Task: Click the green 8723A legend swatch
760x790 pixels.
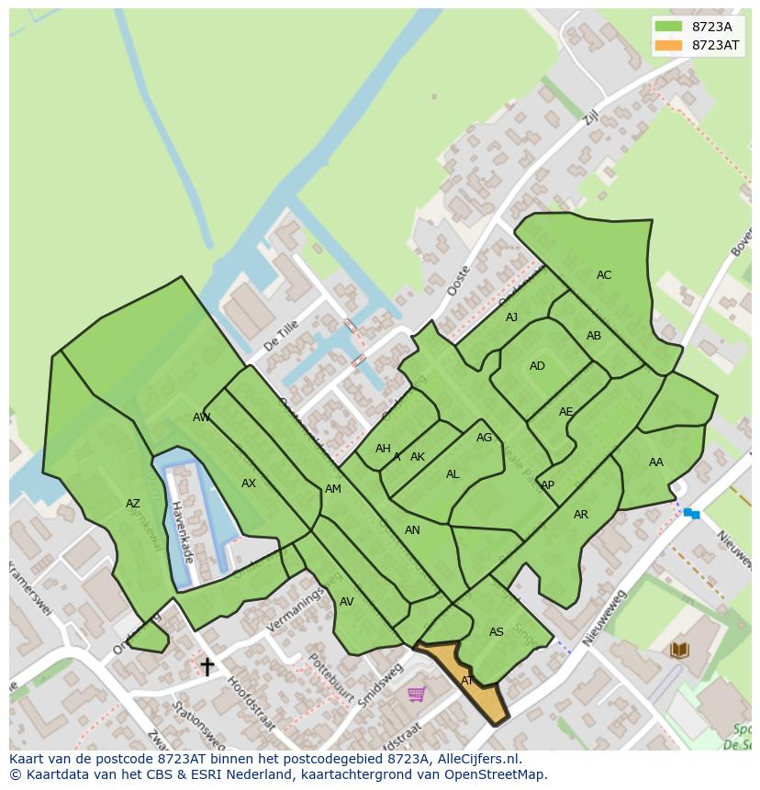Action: (x=668, y=27)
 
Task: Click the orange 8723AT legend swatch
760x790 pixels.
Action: (x=668, y=45)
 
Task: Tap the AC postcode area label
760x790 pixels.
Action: (x=604, y=275)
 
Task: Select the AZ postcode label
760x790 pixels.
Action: (x=133, y=504)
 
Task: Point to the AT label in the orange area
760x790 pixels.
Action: (x=467, y=681)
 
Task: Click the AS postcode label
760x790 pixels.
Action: (x=496, y=632)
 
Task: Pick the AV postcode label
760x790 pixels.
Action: (x=346, y=602)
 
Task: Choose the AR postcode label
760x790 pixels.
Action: (x=580, y=515)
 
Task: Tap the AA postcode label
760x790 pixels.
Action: (x=655, y=462)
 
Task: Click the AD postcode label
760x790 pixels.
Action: (x=537, y=366)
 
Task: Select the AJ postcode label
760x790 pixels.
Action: (x=511, y=317)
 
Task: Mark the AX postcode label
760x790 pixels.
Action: (x=248, y=484)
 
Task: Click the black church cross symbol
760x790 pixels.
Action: (x=207, y=666)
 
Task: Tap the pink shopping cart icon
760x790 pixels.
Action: (x=416, y=694)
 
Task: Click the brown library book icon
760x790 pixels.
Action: (x=679, y=651)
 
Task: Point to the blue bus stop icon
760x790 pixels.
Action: (x=691, y=514)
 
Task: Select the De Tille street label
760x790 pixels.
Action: (x=281, y=336)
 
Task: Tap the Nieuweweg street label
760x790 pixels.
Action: (x=605, y=616)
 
